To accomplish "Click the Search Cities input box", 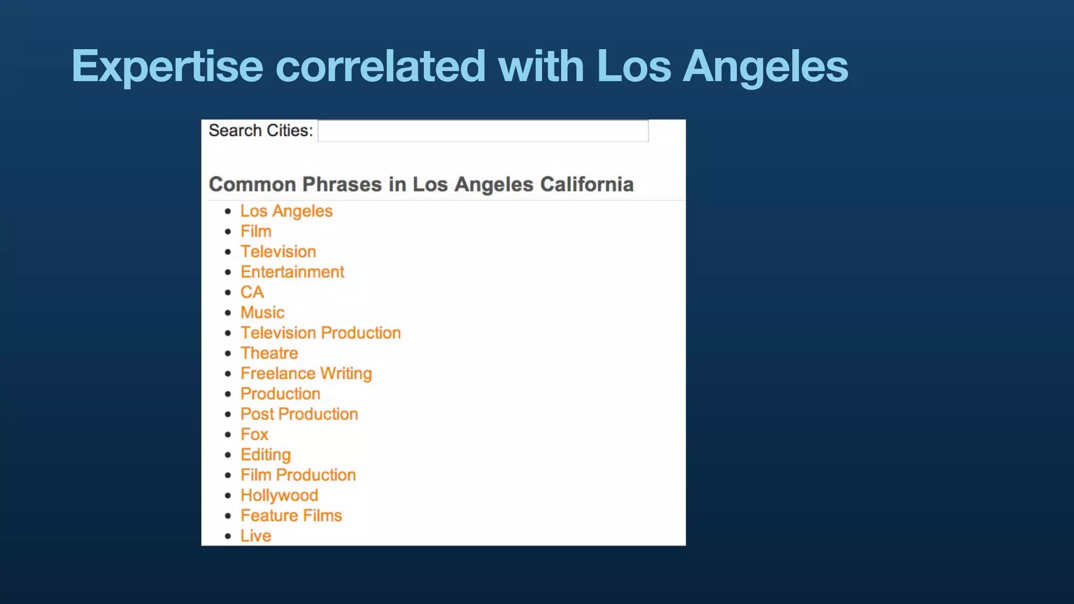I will click(482, 131).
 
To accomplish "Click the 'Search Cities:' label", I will click(261, 131).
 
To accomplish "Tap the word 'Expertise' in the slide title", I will click(167, 67).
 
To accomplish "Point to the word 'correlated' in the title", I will click(381, 67).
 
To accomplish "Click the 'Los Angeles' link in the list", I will click(286, 211).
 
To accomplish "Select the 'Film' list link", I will click(256, 231).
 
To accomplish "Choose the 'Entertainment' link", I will click(292, 272).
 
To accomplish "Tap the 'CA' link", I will click(252, 292).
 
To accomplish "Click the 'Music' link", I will click(262, 312).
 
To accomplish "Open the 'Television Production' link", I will click(320, 333).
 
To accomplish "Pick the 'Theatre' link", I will click(269, 353).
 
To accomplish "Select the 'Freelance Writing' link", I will click(306, 373).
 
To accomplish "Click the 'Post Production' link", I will click(299, 414).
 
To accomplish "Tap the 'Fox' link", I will click(254, 435).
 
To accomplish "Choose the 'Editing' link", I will click(265, 455).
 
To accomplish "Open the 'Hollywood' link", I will click(279, 495).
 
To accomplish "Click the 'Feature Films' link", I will click(291, 516).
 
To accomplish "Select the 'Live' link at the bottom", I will click(256, 536).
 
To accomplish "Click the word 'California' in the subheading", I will click(587, 185).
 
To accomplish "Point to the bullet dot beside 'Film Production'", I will click(228, 476).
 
